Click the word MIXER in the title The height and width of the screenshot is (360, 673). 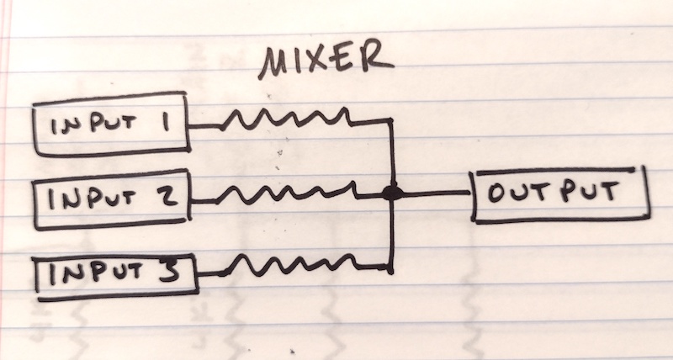326,60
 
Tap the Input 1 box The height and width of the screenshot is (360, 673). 111,124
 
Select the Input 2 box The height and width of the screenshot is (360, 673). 112,199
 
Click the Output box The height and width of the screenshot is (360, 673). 560,194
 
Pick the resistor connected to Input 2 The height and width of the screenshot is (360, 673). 286,193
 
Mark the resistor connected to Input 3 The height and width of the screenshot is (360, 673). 289,265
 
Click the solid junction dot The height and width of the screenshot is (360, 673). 392,193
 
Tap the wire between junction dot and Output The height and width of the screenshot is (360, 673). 437,194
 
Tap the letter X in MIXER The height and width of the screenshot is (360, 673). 320,61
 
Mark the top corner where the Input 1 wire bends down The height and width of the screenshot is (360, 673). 390,120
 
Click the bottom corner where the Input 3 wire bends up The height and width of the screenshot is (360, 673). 389,269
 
